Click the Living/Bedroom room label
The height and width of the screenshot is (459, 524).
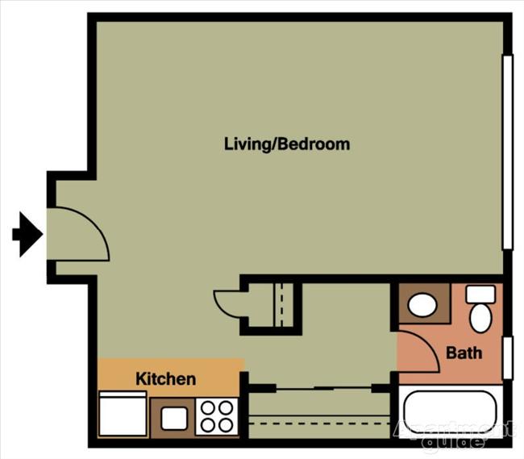click(287, 144)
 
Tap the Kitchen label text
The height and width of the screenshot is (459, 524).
click(165, 378)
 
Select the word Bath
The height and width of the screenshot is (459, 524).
click(464, 353)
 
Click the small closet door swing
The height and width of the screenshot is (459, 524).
click(227, 305)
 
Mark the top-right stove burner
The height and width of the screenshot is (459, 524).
click(225, 407)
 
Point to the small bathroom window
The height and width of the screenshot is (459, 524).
click(507, 357)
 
